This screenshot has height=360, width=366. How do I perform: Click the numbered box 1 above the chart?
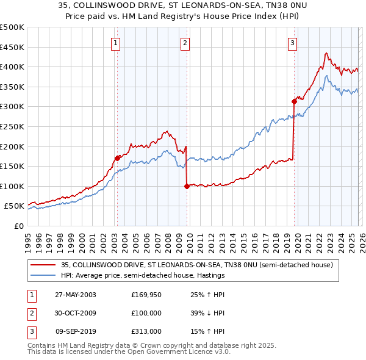point(116,43)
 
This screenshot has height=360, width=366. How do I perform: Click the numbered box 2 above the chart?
point(185,43)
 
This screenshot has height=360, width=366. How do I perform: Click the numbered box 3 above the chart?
point(293,43)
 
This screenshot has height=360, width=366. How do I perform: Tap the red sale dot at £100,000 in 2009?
point(187,186)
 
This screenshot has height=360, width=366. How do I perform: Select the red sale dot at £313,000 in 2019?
point(293,101)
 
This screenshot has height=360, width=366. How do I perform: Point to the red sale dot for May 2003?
point(117,158)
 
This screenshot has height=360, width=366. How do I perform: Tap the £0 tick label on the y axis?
point(18,226)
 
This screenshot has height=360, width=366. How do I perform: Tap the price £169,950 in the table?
point(147,295)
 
